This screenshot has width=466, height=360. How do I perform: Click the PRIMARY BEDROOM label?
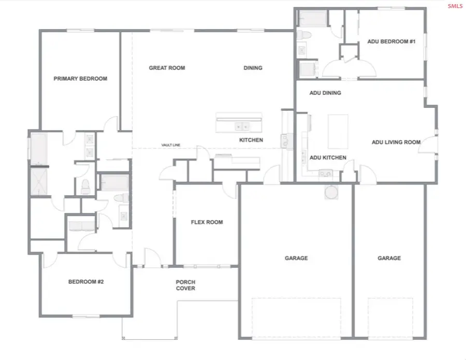point(80,79)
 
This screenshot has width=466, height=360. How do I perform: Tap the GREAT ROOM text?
point(167,68)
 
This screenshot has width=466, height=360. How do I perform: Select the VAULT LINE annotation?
point(170,145)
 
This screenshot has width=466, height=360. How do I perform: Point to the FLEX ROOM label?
point(207,222)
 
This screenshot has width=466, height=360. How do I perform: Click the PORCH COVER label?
point(185,285)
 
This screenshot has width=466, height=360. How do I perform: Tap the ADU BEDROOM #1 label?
point(391,41)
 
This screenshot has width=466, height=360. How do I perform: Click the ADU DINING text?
point(325,93)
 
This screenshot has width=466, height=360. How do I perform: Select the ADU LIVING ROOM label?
point(396,142)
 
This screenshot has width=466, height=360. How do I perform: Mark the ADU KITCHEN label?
point(328,157)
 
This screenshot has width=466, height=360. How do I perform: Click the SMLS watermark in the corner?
point(455,6)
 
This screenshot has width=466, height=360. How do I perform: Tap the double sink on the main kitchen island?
point(241,125)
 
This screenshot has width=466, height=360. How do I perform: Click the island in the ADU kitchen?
point(338,132)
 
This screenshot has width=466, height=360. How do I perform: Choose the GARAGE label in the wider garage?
point(296,258)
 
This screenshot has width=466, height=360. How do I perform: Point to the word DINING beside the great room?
point(253,68)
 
